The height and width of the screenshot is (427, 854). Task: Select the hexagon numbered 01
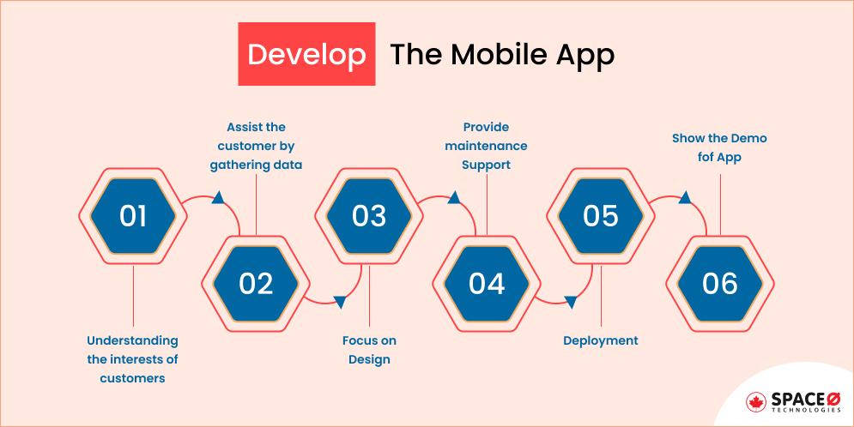[x=133, y=215]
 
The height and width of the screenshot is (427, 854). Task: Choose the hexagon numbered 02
[x=255, y=283]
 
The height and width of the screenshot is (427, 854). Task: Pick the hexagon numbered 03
[x=369, y=215]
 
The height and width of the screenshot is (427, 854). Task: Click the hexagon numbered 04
[x=487, y=283]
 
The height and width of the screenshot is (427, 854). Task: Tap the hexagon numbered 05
[x=600, y=215]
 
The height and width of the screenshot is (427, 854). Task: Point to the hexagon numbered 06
[x=719, y=283]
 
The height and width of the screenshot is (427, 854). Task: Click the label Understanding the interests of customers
[x=132, y=358]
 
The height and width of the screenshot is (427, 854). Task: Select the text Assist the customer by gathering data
[x=256, y=146]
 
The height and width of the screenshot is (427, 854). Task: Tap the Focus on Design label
[x=369, y=350]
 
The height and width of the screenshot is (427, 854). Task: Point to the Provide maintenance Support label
[x=487, y=146]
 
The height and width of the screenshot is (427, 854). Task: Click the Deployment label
[x=600, y=340]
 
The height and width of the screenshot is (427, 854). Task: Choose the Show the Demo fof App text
[x=719, y=147]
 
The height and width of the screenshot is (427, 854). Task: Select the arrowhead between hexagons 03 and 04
[x=452, y=199]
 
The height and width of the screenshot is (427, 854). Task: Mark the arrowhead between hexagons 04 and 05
[x=569, y=300]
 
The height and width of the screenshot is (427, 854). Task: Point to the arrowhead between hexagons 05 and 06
[x=684, y=199]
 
